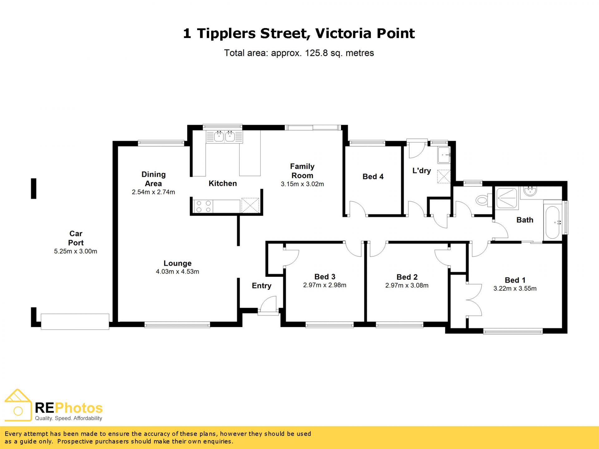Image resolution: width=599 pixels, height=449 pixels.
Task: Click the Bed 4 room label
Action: [373, 176]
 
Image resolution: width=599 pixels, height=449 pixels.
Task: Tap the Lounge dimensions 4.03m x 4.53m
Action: [178, 272]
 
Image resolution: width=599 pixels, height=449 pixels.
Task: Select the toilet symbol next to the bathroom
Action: [483, 200]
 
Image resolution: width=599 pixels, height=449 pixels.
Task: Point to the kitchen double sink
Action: [224, 137]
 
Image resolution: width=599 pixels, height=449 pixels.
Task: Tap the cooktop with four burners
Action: [203, 206]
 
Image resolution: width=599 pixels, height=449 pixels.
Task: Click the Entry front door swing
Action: [269, 304]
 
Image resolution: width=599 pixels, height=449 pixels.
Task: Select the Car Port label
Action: [76, 238]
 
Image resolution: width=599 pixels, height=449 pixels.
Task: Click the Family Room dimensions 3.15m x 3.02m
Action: [302, 184]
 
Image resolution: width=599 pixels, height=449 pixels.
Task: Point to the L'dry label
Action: [421, 171]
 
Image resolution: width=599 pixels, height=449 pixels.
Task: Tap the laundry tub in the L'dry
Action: [444, 155]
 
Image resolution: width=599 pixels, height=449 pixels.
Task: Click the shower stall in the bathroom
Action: [507, 198]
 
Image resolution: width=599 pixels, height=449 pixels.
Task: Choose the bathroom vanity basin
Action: [530, 191]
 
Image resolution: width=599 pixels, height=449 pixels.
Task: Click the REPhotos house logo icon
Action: [18, 405]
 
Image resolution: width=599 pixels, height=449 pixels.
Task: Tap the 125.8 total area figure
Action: [316, 53]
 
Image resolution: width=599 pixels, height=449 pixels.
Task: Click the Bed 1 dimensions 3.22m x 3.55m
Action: [515, 288]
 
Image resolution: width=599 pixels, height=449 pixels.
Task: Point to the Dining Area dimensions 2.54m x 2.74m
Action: [153, 192]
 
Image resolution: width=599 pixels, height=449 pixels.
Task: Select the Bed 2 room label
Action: [407, 277]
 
